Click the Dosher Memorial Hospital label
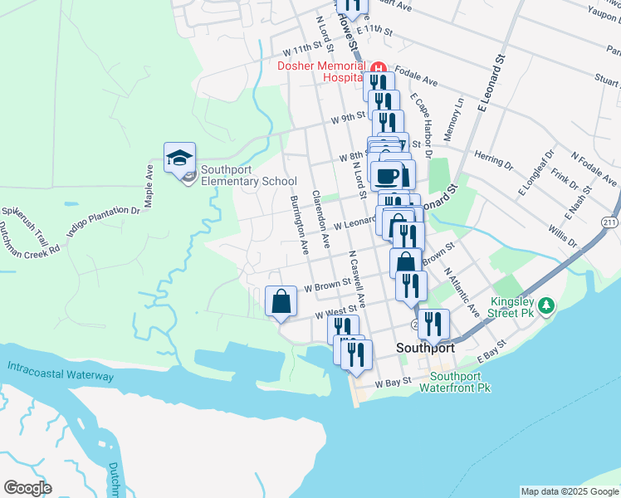[x=321, y=71]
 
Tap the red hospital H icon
[x=378, y=67]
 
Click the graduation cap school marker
[x=179, y=158]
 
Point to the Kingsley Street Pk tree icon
[x=546, y=306]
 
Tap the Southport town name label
[x=425, y=349]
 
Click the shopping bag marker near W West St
[x=281, y=301]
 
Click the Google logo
[x=27, y=488]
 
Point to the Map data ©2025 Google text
[x=570, y=491]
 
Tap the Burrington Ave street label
[x=298, y=225]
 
